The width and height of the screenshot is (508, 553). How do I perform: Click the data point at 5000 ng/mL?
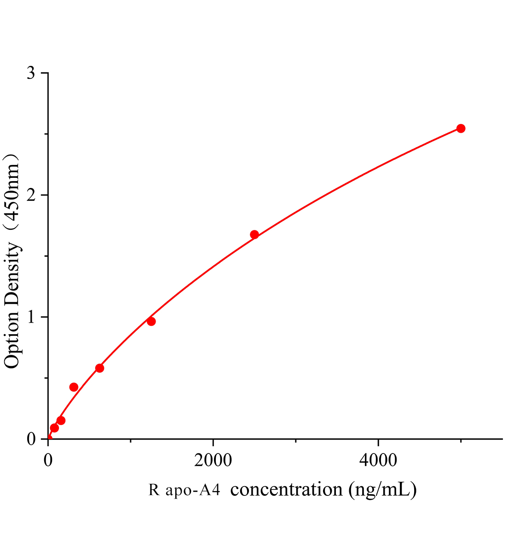click(461, 128)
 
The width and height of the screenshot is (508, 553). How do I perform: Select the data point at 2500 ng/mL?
click(254, 235)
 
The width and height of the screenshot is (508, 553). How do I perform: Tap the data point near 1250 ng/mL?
click(151, 321)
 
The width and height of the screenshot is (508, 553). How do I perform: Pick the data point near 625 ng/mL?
click(99, 368)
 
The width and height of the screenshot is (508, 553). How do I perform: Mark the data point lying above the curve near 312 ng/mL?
click(74, 387)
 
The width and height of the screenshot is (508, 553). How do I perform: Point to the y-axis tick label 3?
click(31, 74)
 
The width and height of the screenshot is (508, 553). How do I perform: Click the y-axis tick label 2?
click(31, 195)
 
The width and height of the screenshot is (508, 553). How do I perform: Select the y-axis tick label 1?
click(31, 318)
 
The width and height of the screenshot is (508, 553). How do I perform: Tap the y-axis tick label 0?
click(31, 439)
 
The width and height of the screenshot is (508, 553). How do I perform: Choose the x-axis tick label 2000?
click(213, 460)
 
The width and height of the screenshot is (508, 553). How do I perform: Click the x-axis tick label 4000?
click(378, 460)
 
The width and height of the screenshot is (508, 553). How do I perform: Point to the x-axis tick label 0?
click(48, 460)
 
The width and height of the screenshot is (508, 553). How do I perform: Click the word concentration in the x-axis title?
click(286, 489)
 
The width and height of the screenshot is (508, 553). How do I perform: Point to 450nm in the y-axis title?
click(12, 194)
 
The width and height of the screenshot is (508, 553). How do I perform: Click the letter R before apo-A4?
click(154, 490)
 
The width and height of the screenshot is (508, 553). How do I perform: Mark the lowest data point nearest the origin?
click(54, 428)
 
